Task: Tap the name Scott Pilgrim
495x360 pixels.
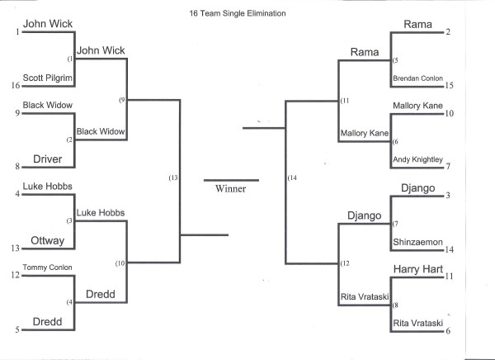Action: tap(49, 78)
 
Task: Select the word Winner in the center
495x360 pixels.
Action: tap(230, 188)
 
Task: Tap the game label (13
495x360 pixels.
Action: tap(172, 178)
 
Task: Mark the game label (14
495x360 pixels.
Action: tap(291, 178)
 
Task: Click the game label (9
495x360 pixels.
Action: tap(121, 100)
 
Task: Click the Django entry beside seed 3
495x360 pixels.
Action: tap(417, 188)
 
